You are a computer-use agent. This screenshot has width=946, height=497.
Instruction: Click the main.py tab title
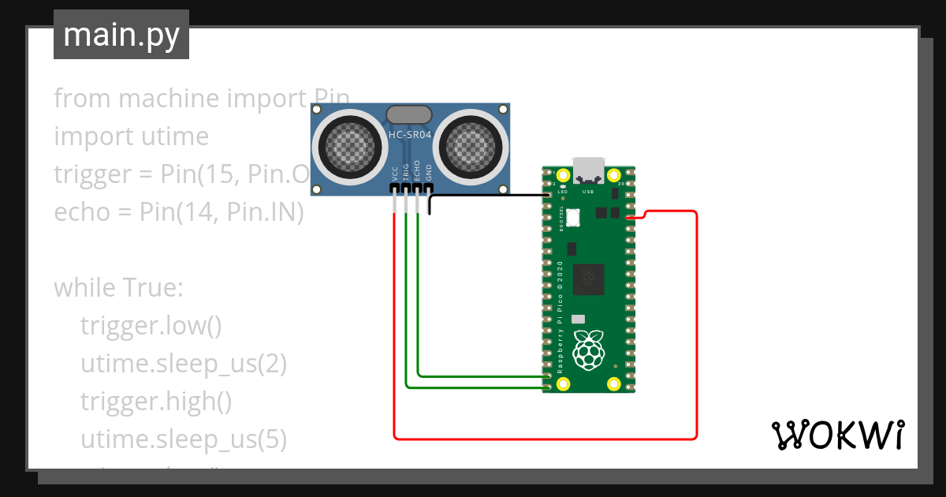(x=121, y=35)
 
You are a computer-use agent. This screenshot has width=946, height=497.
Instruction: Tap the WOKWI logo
(x=836, y=435)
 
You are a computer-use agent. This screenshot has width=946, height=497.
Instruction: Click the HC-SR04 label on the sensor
(x=410, y=135)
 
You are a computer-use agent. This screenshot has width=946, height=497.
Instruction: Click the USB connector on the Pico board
(x=588, y=170)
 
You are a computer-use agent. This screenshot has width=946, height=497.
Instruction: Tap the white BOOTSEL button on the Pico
(x=572, y=215)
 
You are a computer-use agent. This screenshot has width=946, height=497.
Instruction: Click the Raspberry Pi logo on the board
(x=587, y=349)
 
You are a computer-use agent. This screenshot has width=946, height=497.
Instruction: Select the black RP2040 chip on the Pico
(x=588, y=277)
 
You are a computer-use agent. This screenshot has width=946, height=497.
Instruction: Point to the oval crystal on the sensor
(x=409, y=115)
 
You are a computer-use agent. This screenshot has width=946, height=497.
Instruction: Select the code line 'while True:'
(x=118, y=288)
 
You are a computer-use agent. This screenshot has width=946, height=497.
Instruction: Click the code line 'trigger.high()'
(x=155, y=402)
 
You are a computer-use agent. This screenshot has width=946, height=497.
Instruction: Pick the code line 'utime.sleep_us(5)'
(x=183, y=439)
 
